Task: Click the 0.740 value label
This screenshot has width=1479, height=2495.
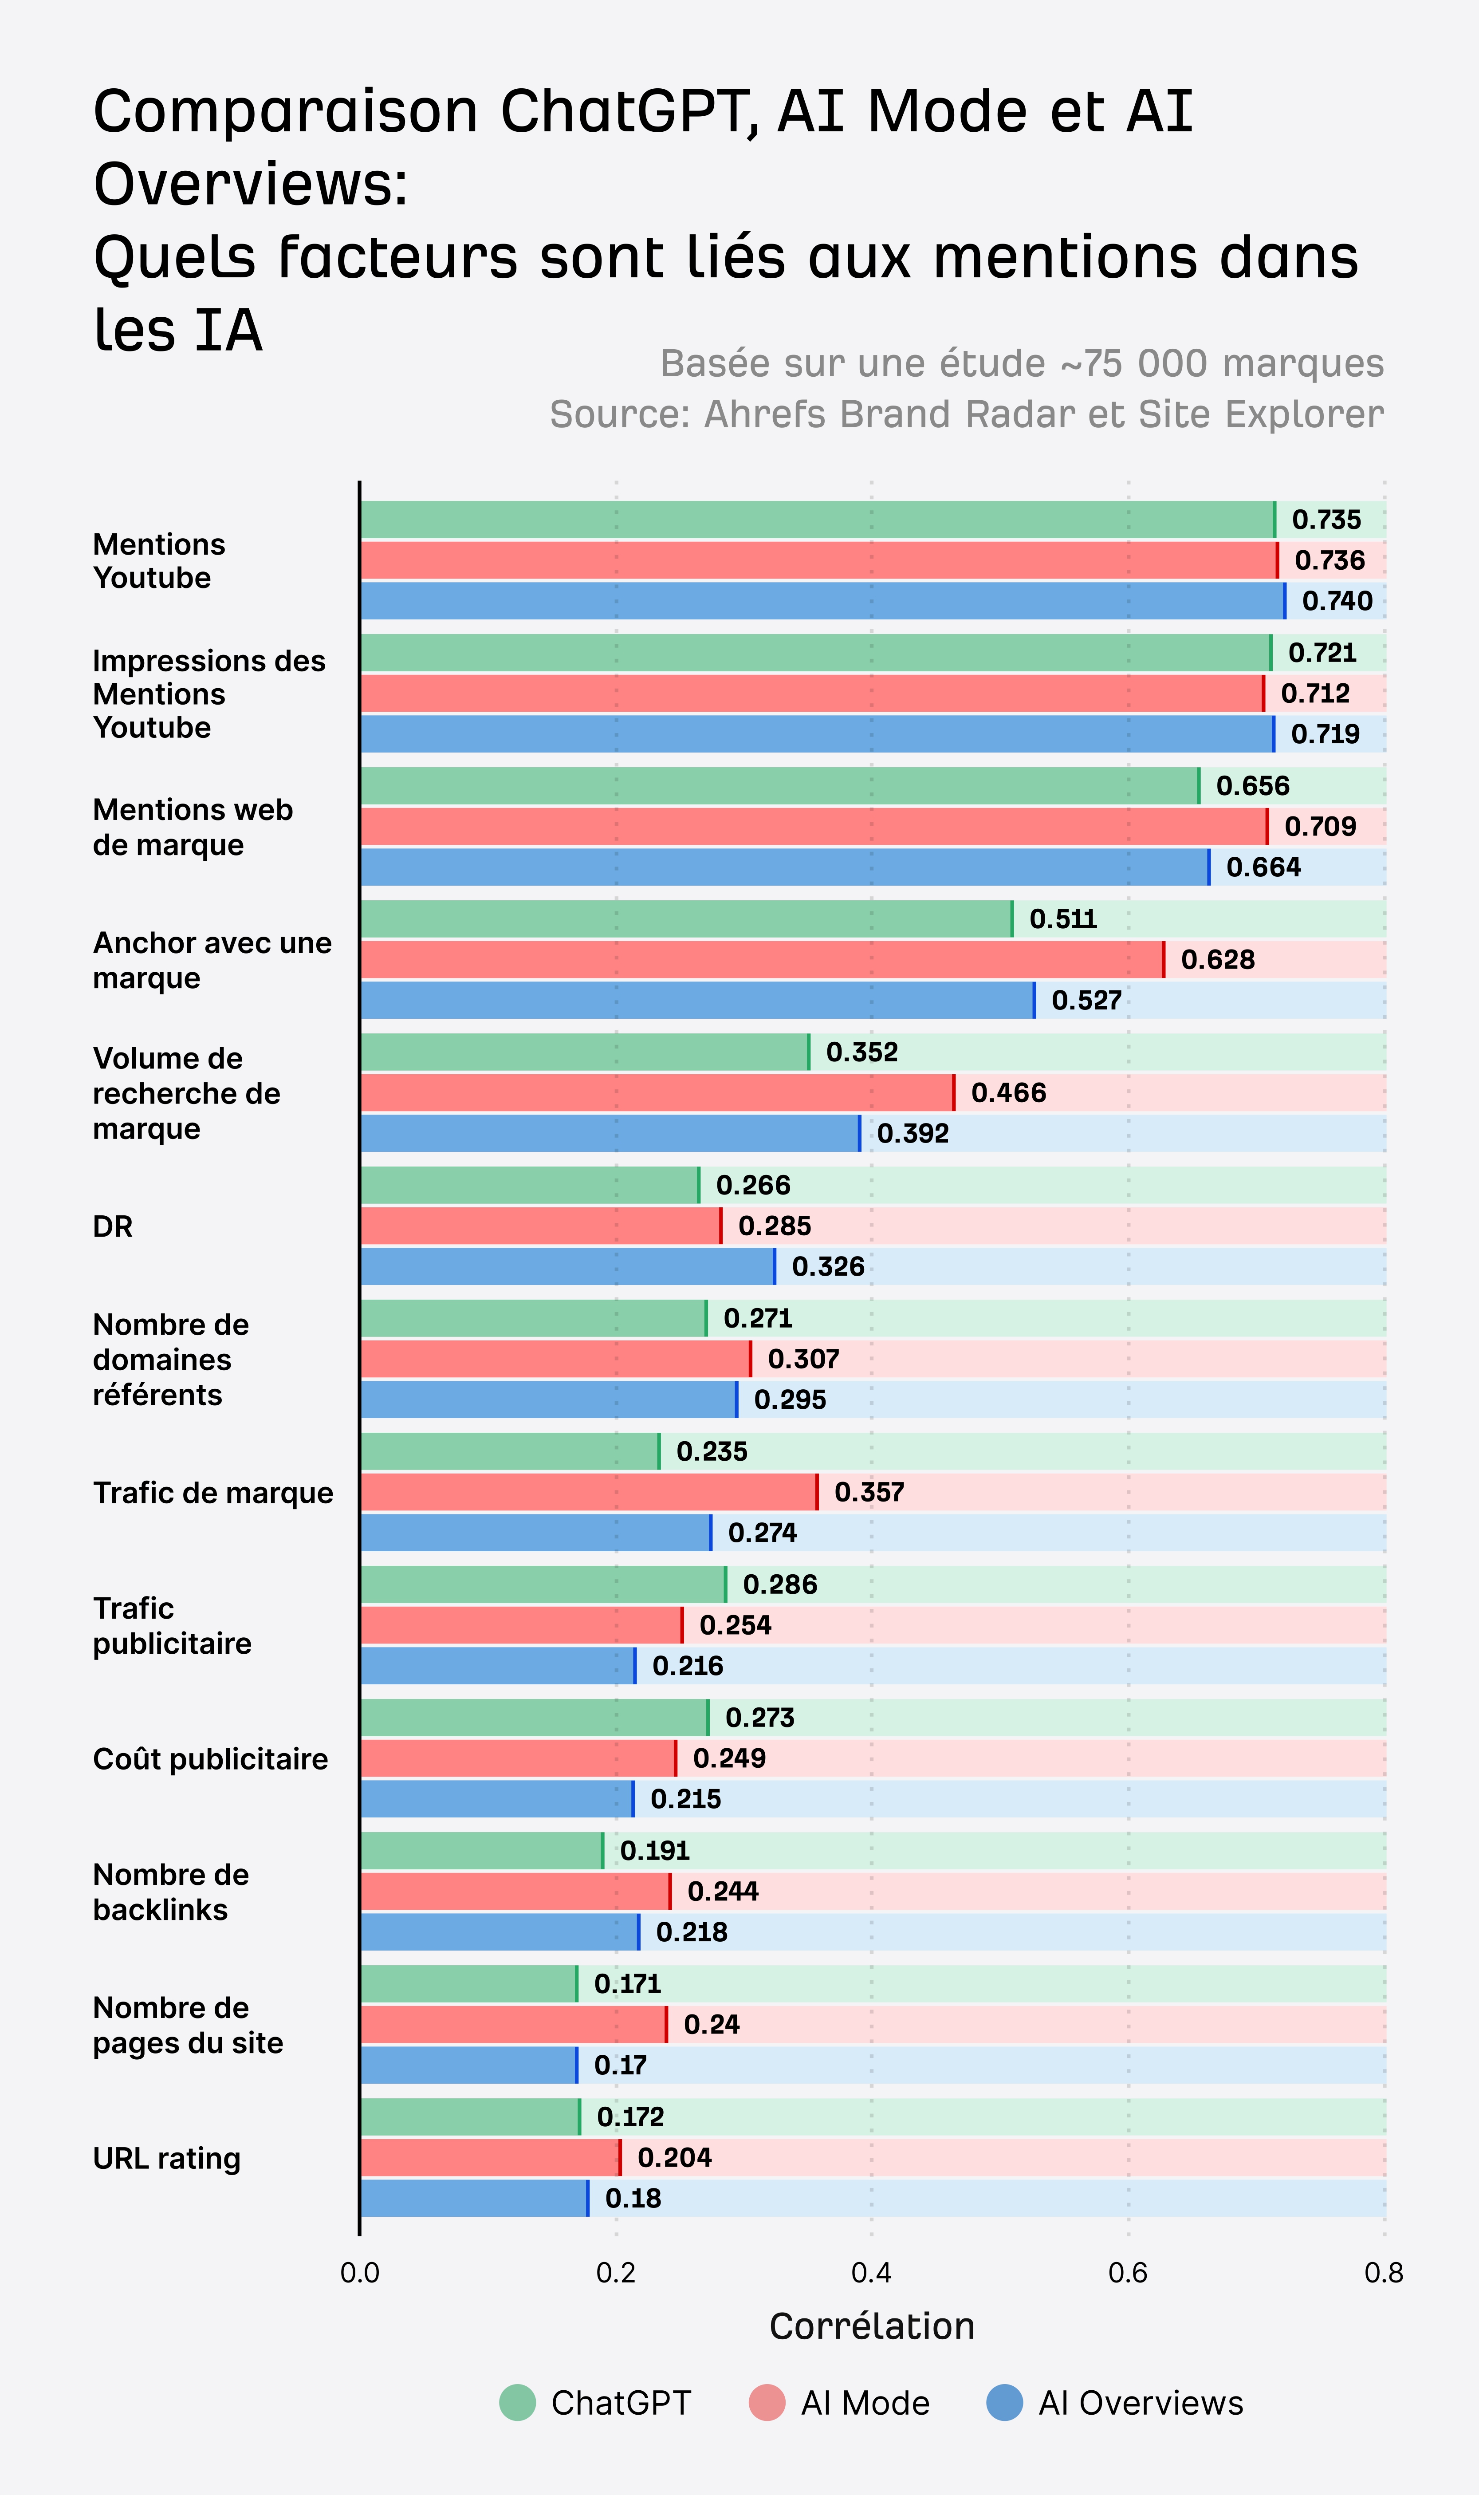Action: (x=1337, y=601)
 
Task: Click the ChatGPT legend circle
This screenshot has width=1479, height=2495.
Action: (x=517, y=2402)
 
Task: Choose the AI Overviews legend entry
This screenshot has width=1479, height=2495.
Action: (x=1114, y=2402)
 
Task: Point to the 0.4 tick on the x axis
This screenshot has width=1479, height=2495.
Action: (x=871, y=2273)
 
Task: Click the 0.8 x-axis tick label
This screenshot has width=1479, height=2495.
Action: (x=1383, y=2273)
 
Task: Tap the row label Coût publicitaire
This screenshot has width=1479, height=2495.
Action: (x=210, y=1758)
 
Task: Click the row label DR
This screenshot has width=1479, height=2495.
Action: (x=113, y=1226)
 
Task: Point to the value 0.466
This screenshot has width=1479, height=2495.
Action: (x=1009, y=1092)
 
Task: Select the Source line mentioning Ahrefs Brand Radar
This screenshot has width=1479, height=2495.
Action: (x=966, y=414)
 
